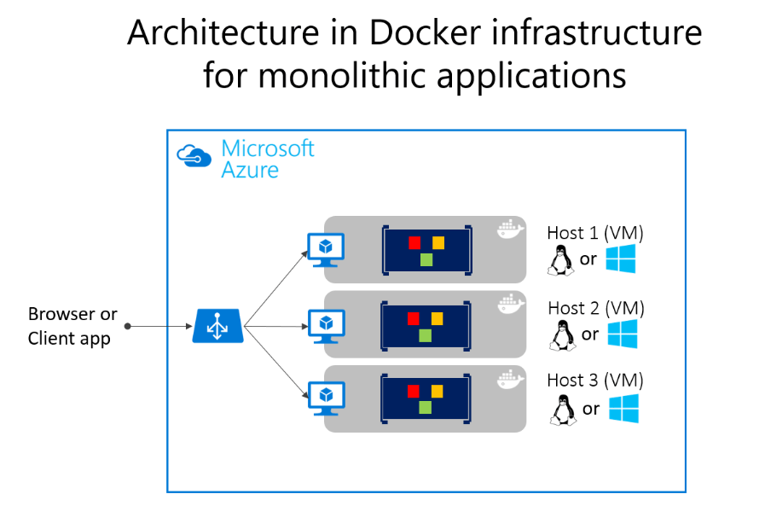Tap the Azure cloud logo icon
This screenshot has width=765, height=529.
point(194,156)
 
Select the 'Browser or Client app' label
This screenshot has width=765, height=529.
point(73,327)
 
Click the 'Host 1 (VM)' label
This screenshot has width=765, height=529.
point(595,233)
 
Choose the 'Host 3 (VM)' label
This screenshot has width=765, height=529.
point(595,381)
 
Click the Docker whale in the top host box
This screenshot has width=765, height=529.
point(509,230)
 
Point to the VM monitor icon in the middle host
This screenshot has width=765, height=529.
point(325,325)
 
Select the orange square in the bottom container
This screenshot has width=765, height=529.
point(438,391)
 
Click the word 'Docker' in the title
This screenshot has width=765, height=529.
point(423,33)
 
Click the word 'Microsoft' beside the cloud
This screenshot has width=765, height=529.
point(268,148)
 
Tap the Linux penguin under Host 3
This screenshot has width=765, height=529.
point(560,410)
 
